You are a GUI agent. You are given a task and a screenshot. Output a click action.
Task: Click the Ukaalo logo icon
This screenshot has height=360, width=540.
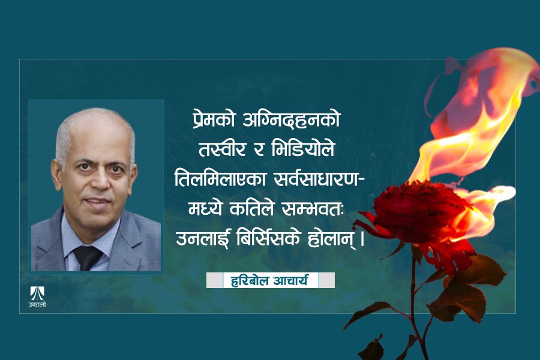pos(37,292)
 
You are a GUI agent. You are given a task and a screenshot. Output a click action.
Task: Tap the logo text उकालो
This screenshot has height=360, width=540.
pos(37,305)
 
